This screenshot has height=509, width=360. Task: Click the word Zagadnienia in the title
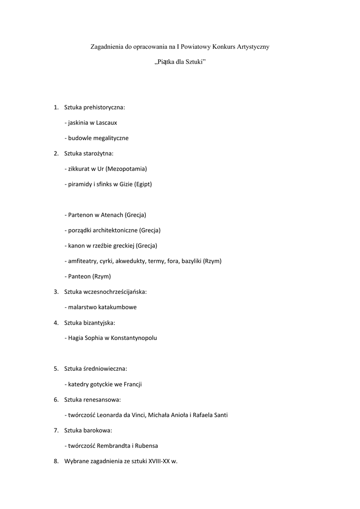[x=107, y=47]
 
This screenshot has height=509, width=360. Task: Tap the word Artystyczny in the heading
[x=252, y=47]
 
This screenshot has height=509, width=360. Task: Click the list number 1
[x=56, y=107]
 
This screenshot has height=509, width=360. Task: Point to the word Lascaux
[x=106, y=122]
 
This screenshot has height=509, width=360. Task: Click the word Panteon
[x=79, y=276]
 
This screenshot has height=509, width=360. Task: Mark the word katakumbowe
[x=117, y=307]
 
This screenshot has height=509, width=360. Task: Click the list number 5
[x=56, y=369]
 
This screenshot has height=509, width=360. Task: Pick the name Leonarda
[x=110, y=415]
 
